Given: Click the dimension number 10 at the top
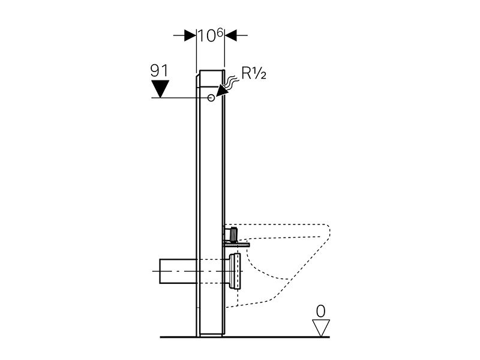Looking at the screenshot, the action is (206, 36).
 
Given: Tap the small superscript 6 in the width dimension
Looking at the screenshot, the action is (220, 33).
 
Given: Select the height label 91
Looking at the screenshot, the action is (159, 71).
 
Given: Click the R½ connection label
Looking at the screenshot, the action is (254, 73).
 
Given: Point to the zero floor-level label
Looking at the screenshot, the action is (320, 311).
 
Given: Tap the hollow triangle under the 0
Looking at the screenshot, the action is (321, 328).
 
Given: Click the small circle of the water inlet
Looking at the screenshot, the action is (211, 98).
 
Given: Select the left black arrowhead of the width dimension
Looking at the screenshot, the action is (190, 35).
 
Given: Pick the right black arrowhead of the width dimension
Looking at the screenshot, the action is (230, 35).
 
